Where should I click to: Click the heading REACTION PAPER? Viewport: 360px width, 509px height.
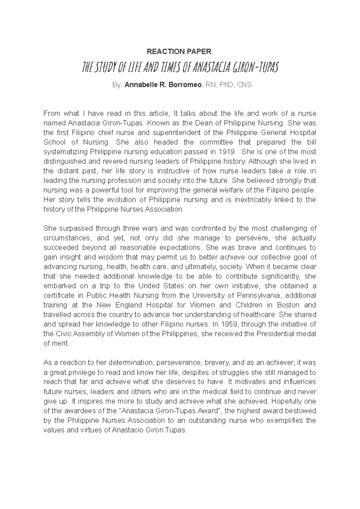tap(179, 52)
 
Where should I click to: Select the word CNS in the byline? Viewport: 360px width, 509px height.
tap(244, 85)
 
